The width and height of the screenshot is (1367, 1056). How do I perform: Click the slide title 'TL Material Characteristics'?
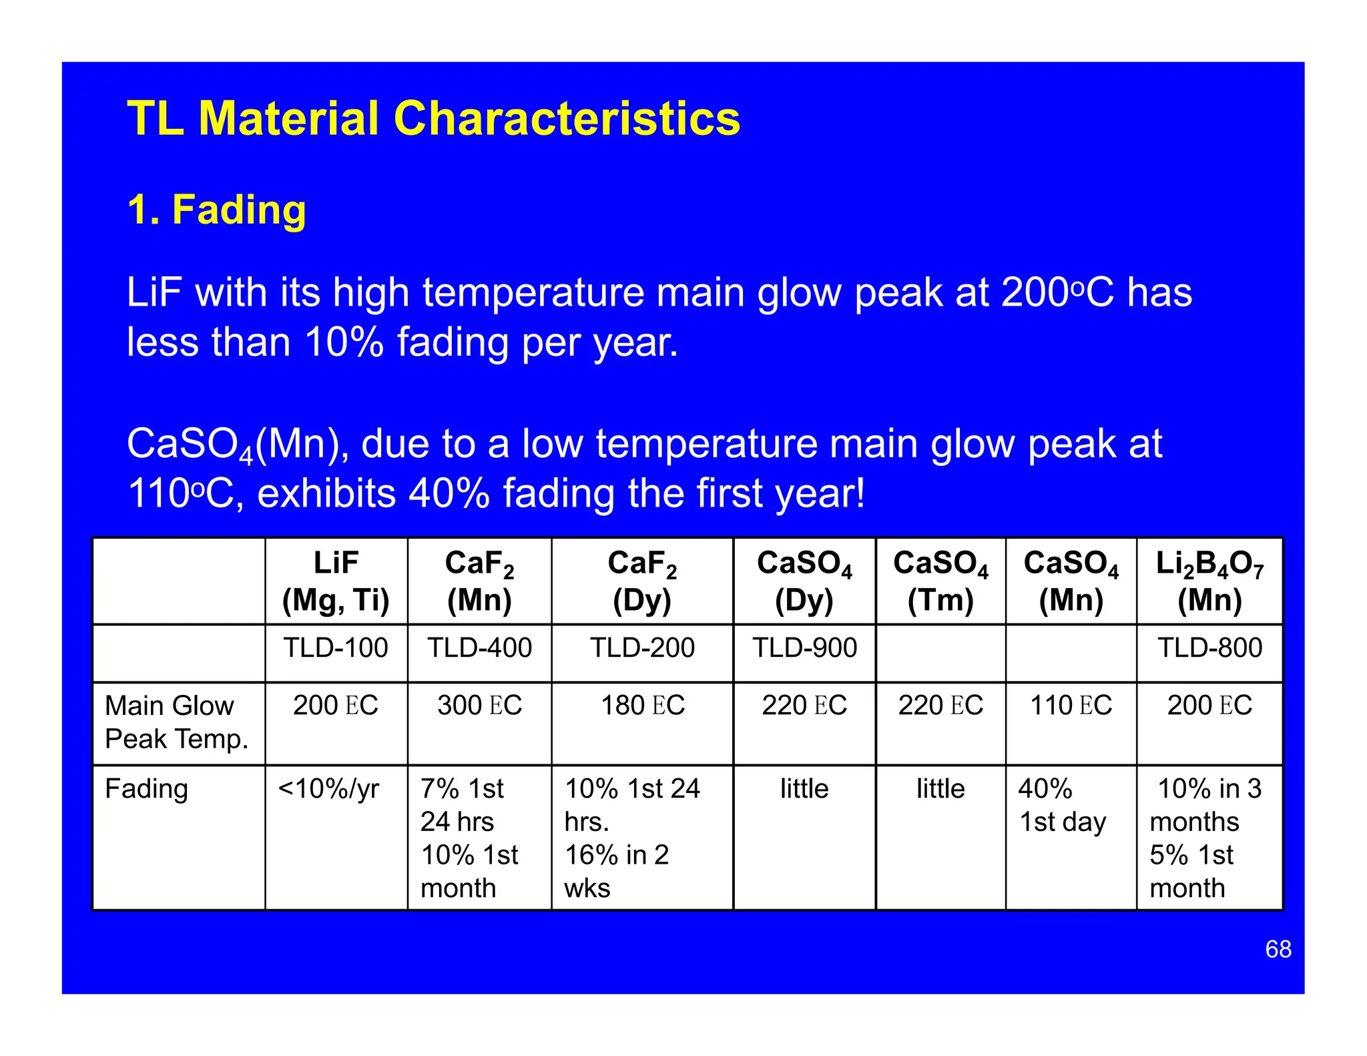433,119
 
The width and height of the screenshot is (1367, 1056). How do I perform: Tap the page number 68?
1278,949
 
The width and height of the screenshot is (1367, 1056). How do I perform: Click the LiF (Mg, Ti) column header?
336,581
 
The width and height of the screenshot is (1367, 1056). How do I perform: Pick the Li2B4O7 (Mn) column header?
1209,581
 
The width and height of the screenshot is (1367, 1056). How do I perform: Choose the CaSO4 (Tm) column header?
940,581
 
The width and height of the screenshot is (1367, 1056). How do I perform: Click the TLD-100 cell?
336,647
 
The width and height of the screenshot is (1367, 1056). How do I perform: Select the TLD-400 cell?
479,647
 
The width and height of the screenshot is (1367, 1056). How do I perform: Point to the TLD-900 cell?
804,647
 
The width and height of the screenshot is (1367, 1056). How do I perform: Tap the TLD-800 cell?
1209,647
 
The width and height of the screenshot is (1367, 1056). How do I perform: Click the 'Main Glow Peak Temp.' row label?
176,722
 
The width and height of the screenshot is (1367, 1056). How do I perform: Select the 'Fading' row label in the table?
146,789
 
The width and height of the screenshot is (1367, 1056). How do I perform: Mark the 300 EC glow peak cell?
479,706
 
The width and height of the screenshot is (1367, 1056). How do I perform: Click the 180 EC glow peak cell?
643,706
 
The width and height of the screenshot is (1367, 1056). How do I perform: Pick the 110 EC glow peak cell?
1071,706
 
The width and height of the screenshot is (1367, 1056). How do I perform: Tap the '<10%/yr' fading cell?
328,789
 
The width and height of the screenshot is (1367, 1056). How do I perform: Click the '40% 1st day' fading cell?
1061,805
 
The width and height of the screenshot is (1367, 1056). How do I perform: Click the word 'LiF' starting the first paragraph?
155,293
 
